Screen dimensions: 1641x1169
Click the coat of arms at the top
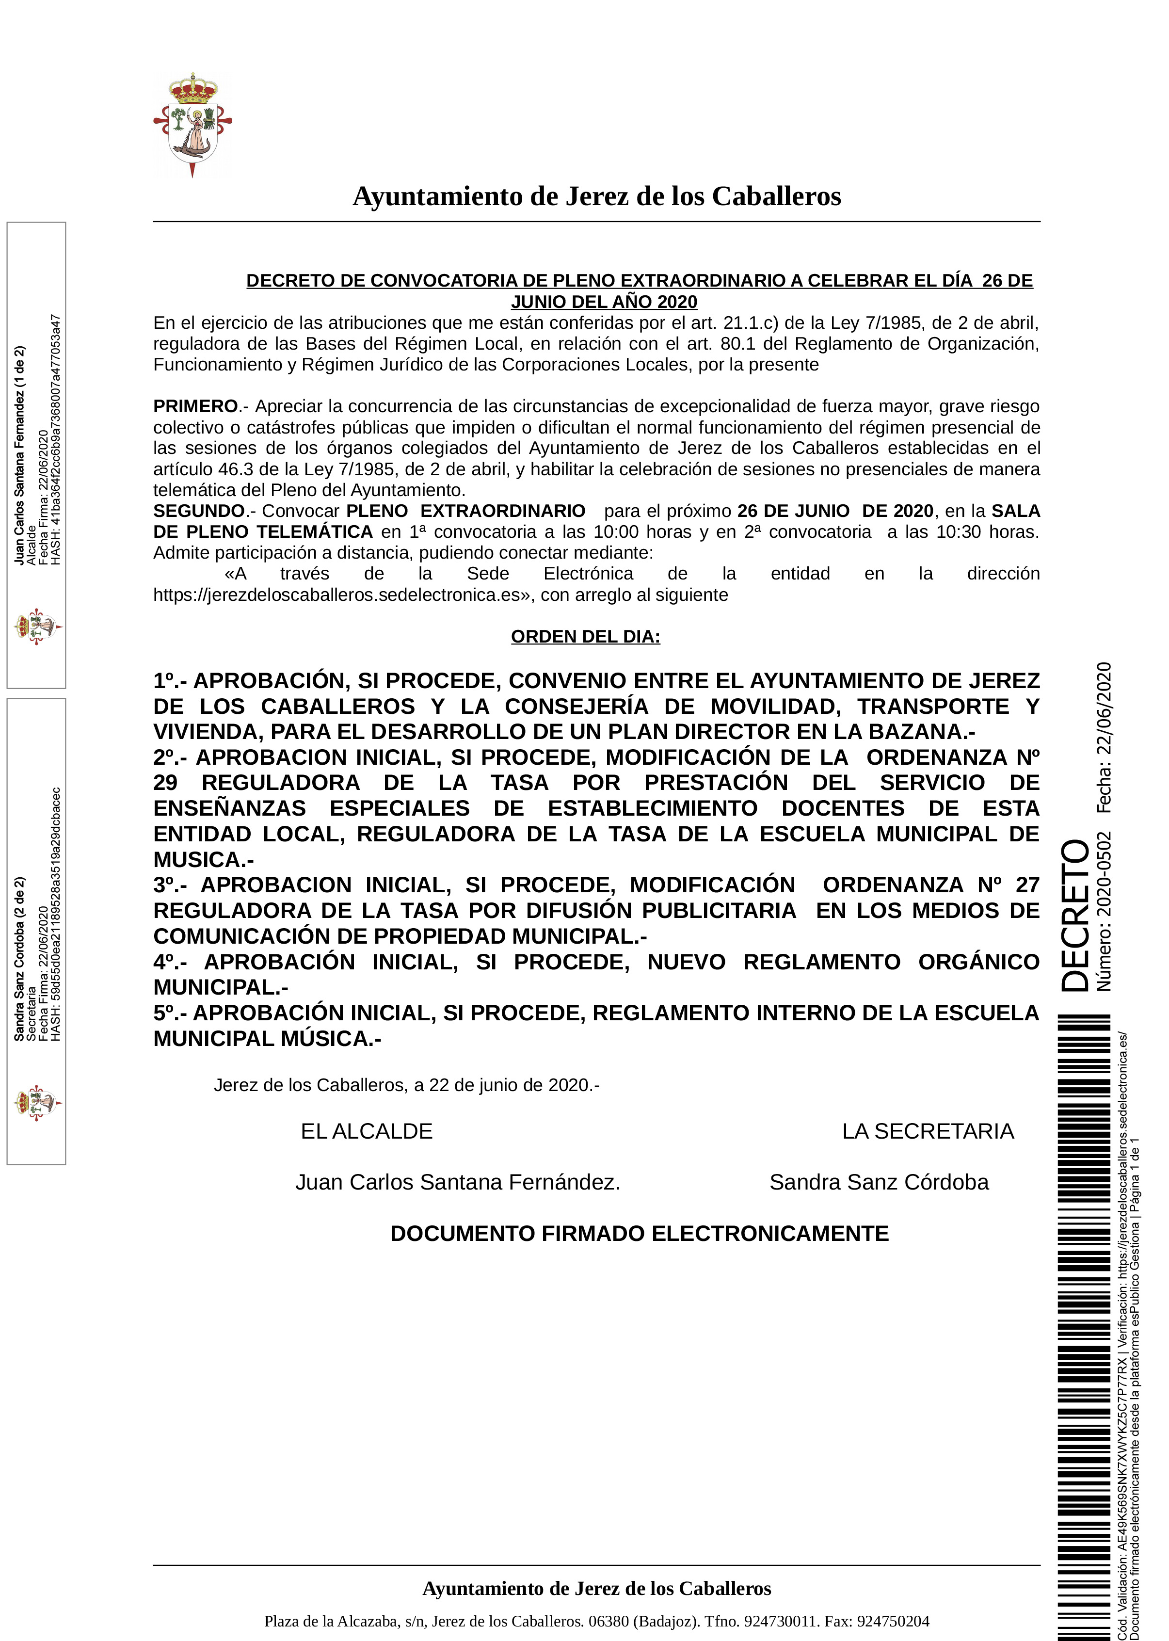[x=192, y=124]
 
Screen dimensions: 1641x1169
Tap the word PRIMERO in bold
[x=195, y=407]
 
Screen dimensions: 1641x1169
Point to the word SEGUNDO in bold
[x=199, y=511]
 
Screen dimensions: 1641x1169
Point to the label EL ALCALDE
[x=367, y=1131]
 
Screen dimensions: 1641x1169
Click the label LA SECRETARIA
[x=928, y=1131]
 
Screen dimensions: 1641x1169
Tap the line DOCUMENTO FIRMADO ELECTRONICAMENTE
[x=639, y=1234]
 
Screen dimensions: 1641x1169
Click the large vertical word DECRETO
[x=1075, y=915]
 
